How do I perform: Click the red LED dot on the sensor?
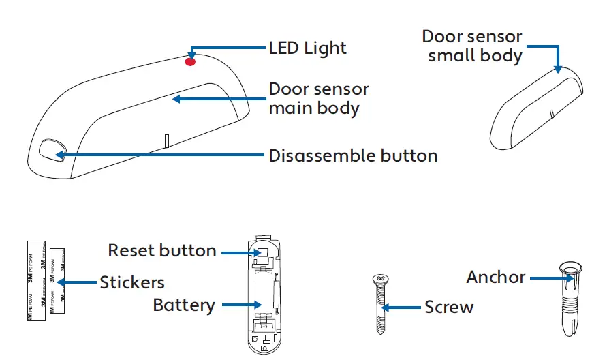190,61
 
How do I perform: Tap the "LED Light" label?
307,48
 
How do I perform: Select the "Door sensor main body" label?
319,98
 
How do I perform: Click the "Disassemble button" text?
353,155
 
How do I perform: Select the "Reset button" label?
162,251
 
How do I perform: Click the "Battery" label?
184,305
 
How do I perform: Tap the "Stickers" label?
132,282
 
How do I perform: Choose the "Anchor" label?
496,277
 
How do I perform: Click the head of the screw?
380,278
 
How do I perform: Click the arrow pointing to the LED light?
228,48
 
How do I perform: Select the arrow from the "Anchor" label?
548,277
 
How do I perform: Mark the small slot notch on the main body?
166,140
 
